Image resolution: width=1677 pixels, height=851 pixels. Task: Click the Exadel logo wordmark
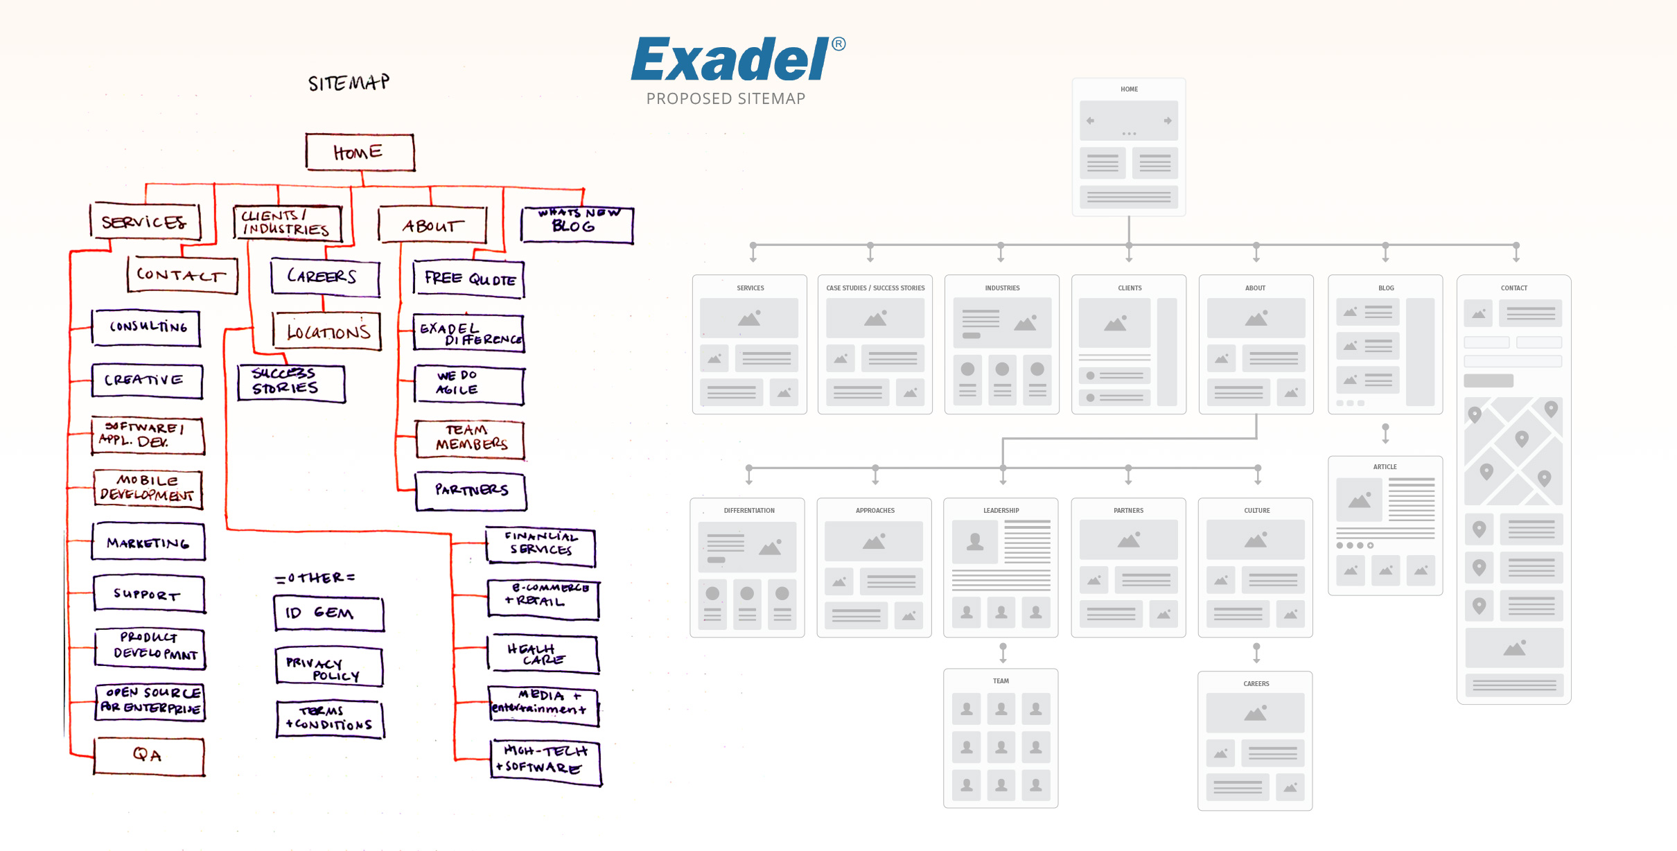[x=730, y=60]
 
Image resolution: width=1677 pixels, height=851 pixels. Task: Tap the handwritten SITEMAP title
[x=349, y=83]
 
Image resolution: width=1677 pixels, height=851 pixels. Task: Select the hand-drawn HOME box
[x=360, y=152]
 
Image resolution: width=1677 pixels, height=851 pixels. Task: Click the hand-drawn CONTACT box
[x=182, y=274]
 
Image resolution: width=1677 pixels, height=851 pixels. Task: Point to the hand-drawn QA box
[x=148, y=755]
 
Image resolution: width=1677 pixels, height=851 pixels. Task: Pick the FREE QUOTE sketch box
[x=469, y=279]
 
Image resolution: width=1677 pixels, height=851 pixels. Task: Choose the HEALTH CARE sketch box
[x=543, y=654]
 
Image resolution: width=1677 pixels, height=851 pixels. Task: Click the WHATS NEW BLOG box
[x=577, y=225]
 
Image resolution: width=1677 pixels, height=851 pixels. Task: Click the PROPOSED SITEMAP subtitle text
[x=726, y=98]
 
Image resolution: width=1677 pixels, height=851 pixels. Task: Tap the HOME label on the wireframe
[x=1129, y=89]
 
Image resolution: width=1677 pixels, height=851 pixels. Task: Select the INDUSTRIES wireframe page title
[x=1002, y=288]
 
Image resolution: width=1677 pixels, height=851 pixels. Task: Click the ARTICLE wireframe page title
[x=1385, y=467]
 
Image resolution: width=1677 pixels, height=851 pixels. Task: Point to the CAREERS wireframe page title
[x=1256, y=683]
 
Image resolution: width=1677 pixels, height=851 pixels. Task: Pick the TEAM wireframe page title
[x=1001, y=681]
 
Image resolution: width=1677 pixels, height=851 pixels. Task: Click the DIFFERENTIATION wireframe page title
[x=749, y=511]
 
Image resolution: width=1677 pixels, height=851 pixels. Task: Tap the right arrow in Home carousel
[x=1168, y=121]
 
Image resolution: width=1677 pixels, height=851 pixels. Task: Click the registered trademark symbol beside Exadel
[x=838, y=44]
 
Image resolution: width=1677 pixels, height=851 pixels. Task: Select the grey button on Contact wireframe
[x=1488, y=380]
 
